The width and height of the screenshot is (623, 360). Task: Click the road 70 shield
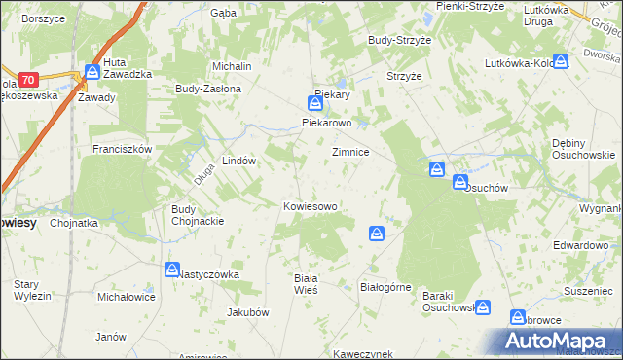(27, 79)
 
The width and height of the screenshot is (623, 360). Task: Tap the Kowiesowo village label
(310, 206)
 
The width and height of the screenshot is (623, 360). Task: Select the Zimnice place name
(349, 153)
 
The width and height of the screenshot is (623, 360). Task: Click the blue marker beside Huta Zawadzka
(92, 71)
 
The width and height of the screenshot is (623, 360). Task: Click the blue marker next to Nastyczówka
(171, 270)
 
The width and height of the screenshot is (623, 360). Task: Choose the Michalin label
(233, 65)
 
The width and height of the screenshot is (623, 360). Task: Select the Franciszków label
(122, 149)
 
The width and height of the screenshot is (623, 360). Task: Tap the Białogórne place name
(386, 288)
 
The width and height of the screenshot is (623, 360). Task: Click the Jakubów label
(247, 312)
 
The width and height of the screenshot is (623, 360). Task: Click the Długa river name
(203, 175)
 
